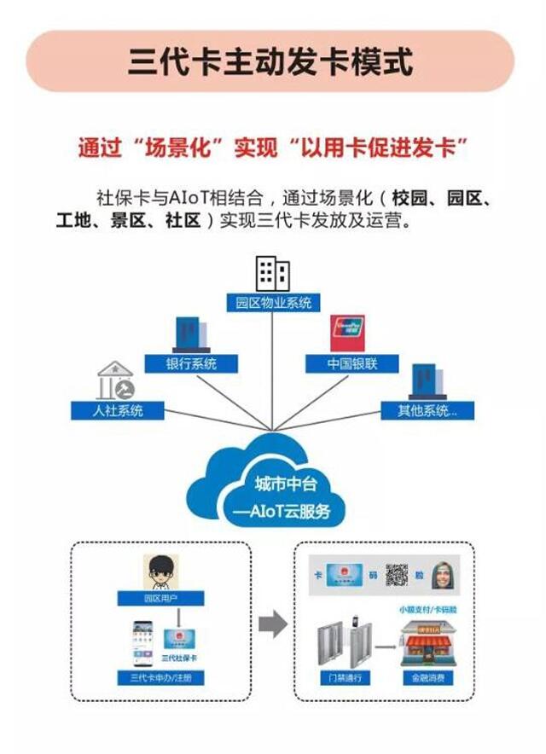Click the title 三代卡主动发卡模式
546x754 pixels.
point(270,62)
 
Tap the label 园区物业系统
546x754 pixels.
point(274,302)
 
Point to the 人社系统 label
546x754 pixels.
point(119,410)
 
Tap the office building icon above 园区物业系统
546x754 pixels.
point(273,274)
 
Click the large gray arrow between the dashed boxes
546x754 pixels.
point(272,625)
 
